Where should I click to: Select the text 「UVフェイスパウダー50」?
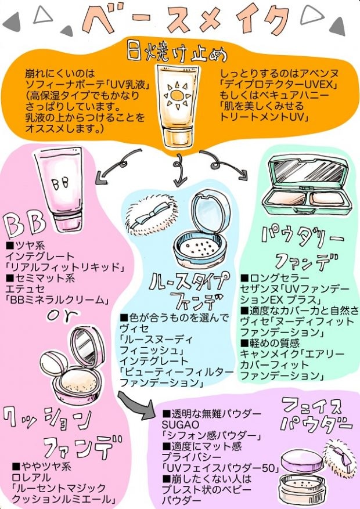[221, 468]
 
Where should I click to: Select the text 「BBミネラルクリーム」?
[57, 299]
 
